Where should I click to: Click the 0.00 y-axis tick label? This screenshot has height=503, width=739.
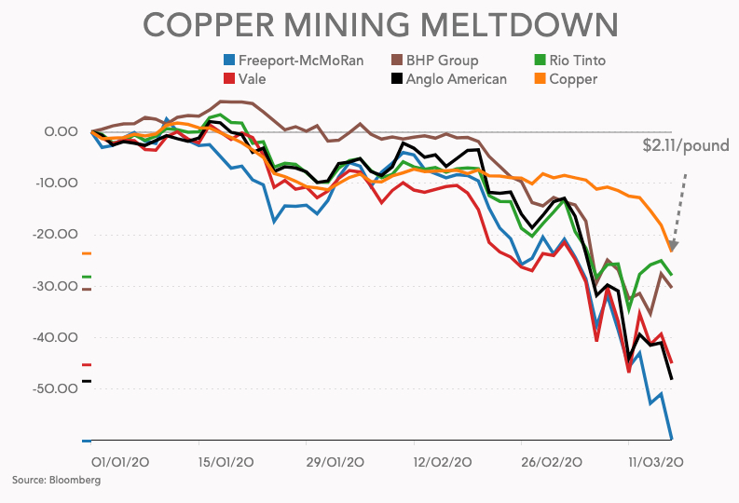(x=61, y=131)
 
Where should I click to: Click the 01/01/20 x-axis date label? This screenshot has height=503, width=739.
(x=123, y=462)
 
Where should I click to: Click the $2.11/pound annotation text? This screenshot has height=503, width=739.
(x=686, y=145)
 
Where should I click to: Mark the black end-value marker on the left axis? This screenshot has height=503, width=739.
(x=87, y=381)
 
